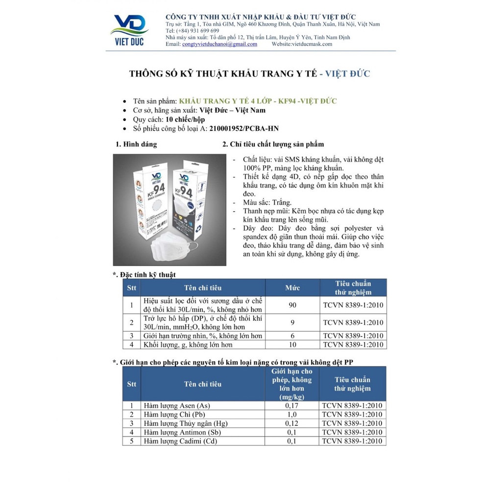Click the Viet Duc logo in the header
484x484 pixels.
point(130,29)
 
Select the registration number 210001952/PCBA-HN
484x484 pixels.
point(244,128)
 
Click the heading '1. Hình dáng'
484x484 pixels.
point(136,145)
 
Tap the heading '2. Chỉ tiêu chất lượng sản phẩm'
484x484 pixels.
point(273,145)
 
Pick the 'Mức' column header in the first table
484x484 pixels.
point(292,288)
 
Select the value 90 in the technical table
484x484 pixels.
point(292,305)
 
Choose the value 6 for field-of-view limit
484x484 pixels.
point(292,336)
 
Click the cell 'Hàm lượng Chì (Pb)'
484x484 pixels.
point(171,414)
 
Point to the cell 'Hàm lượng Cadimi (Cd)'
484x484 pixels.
point(179,441)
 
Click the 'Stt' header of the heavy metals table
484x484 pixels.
point(131,384)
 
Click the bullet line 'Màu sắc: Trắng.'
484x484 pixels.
point(267,202)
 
